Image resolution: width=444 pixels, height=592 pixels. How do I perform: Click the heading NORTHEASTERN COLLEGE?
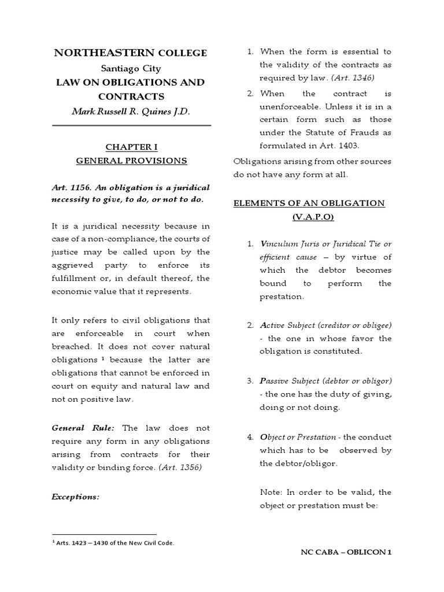130,53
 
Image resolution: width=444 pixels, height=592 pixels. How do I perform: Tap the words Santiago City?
131,68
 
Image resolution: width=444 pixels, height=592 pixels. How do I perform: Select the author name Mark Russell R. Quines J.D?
130,112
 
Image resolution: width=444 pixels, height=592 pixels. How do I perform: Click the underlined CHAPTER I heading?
131,147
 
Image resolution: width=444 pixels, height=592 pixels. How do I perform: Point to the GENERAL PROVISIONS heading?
131,161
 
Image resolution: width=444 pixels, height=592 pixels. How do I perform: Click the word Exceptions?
76,495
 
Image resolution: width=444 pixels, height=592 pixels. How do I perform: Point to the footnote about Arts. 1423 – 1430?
113,543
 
